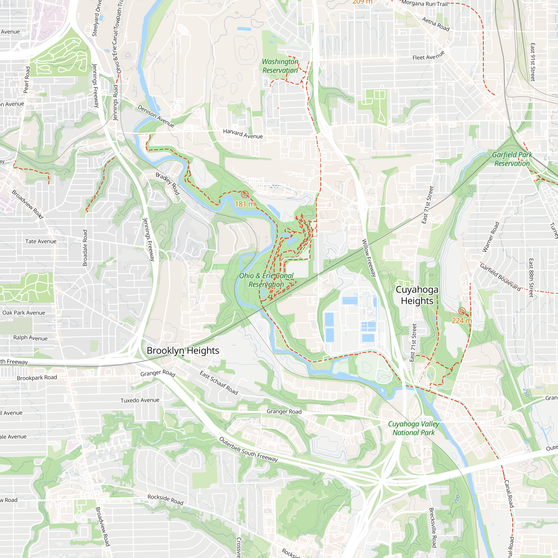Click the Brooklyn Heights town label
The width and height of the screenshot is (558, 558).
(183, 351)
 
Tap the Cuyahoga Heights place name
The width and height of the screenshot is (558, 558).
(417, 295)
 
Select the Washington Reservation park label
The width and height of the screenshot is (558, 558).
(280, 66)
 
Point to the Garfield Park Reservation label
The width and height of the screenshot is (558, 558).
(512, 159)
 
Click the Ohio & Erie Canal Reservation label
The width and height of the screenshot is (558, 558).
(266, 280)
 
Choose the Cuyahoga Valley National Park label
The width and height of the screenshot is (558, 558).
(413, 428)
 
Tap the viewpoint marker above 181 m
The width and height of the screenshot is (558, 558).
(245, 194)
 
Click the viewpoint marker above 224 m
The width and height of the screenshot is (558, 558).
(461, 311)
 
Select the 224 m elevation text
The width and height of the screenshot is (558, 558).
(461, 321)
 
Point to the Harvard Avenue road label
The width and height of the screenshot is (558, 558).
(243, 134)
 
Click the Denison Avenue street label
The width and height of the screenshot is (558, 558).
(156, 116)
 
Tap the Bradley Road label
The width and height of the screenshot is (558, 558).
(168, 183)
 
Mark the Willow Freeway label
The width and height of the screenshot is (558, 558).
(369, 258)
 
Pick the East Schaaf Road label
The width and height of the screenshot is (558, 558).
(219, 383)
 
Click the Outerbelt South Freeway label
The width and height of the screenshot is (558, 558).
(248, 449)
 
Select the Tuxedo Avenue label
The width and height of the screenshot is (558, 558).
(140, 400)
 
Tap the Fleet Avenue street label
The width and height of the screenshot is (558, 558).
(428, 56)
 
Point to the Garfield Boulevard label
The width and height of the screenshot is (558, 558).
(500, 277)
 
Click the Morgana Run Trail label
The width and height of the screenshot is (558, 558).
(424, 3)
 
